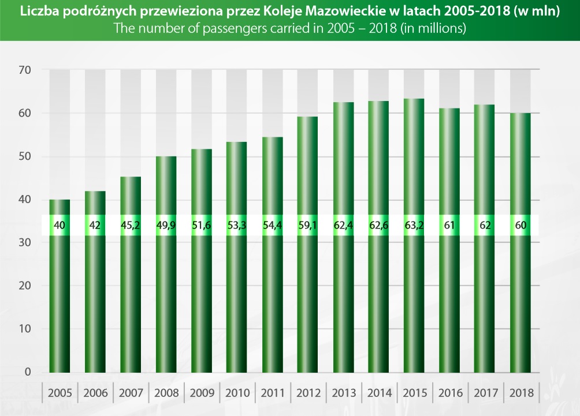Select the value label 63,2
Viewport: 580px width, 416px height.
click(414, 226)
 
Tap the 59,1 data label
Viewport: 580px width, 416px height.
click(307, 226)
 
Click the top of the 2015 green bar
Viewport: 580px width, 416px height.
click(414, 99)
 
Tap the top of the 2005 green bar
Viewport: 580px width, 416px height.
click(60, 200)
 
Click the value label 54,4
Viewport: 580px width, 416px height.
click(272, 226)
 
